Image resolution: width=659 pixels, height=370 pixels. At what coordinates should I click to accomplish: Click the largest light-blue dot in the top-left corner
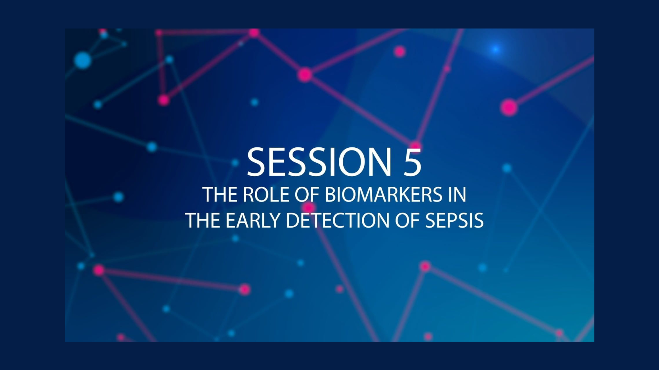[82, 60]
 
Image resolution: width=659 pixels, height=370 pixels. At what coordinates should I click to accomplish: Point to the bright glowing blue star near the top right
[495, 49]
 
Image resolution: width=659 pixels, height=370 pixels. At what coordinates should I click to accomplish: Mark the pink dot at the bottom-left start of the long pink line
[99, 270]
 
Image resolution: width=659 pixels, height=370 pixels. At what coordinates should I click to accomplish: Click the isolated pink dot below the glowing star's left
[400, 51]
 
